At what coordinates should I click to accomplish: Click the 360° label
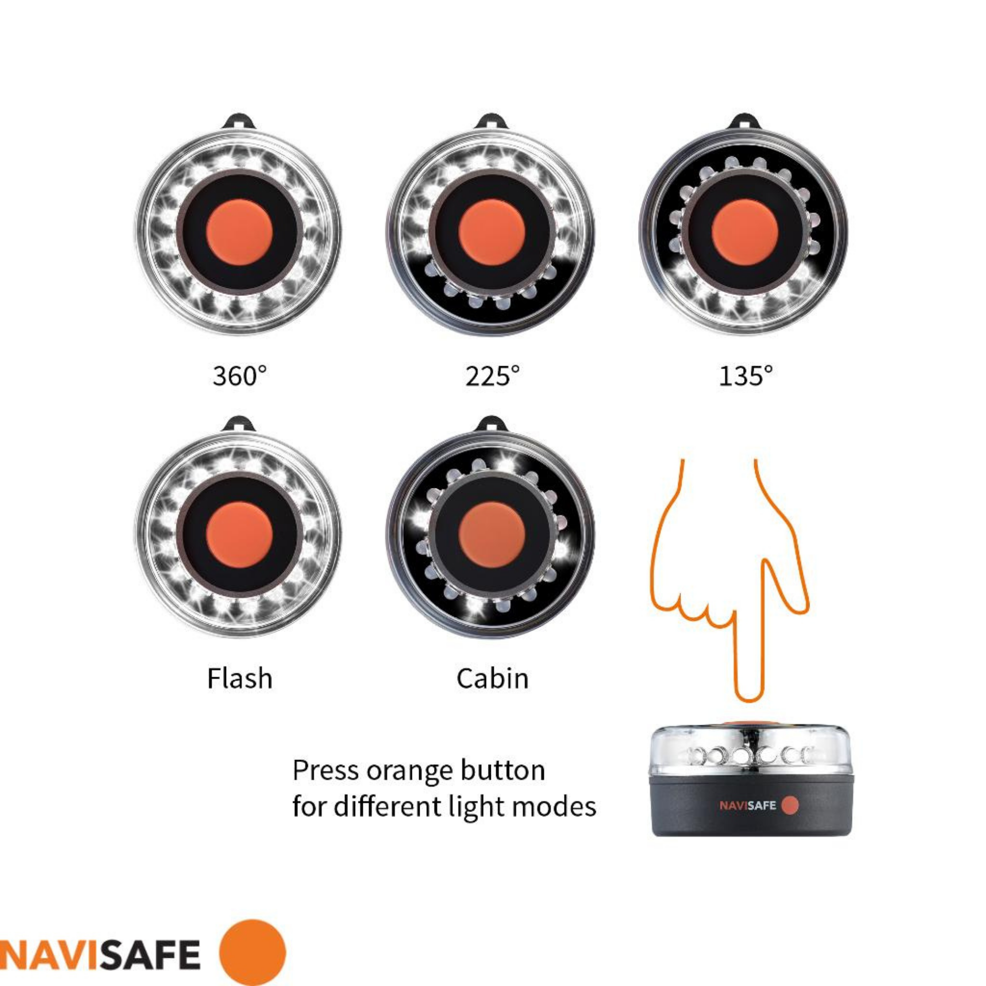[x=239, y=376]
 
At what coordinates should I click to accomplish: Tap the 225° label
[x=492, y=376]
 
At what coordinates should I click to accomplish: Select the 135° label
[x=745, y=376]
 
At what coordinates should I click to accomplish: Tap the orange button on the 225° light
[x=491, y=232]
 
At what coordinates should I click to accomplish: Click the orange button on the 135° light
[x=744, y=232]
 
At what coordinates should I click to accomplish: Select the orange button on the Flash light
[x=239, y=534]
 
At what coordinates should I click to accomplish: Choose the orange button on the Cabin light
[x=491, y=534]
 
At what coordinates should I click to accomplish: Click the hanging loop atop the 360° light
[x=239, y=122]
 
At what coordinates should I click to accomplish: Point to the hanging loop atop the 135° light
[x=744, y=122]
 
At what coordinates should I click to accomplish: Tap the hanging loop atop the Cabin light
[x=491, y=424]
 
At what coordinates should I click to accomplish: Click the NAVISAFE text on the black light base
[x=747, y=805]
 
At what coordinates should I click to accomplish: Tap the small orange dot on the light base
[x=790, y=805]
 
